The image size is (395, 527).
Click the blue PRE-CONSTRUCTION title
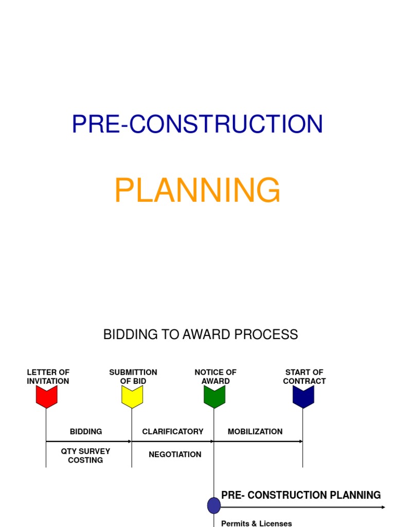click(197, 124)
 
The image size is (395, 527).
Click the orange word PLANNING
click(197, 190)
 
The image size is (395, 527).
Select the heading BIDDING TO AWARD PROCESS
click(201, 335)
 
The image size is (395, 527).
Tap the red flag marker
click(46, 396)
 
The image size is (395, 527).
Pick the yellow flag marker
click(132, 396)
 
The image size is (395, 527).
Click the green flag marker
click(214, 396)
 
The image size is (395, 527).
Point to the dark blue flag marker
click(303, 396)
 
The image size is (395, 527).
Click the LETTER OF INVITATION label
click(48, 377)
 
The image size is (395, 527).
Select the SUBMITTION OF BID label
click(133, 377)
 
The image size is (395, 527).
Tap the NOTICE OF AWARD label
click(216, 377)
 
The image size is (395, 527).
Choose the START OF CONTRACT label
click(304, 377)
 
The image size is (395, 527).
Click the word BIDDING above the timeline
click(86, 432)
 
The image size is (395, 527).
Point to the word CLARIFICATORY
click(173, 432)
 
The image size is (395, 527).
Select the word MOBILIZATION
click(255, 432)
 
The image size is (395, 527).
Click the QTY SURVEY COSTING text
click(85, 455)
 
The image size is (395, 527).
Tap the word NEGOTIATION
click(175, 454)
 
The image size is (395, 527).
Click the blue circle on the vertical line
click(214, 505)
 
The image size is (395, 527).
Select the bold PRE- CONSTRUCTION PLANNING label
click(301, 495)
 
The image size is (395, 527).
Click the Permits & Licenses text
click(256, 523)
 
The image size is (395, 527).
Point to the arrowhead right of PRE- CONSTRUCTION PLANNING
click(383, 507)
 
